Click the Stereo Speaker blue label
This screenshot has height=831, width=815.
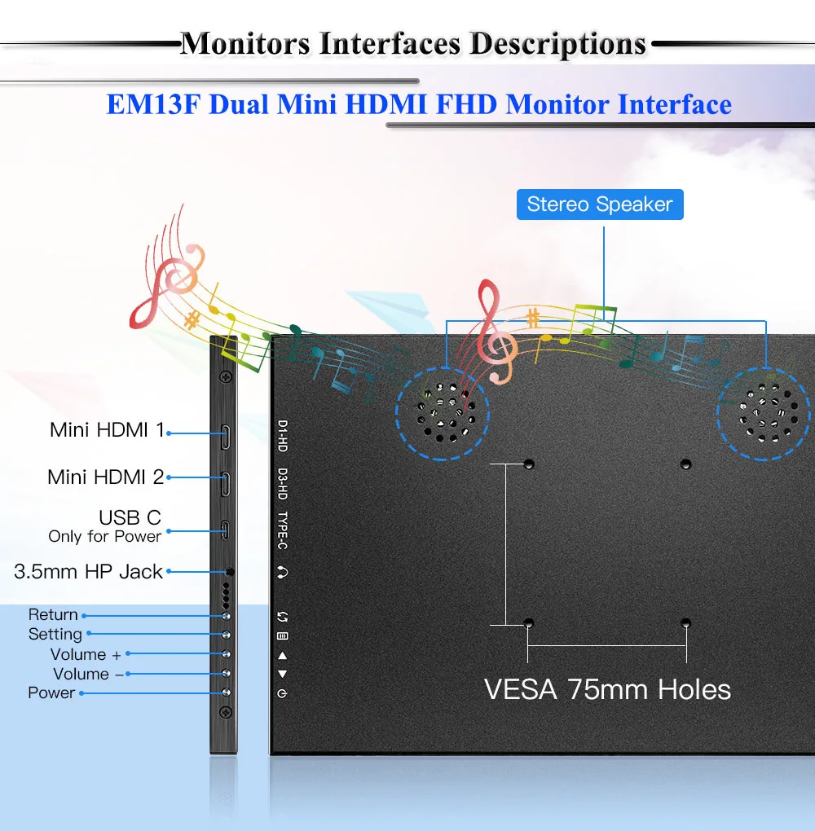pyautogui.click(x=600, y=204)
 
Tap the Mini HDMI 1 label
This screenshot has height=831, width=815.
pyautogui.click(x=107, y=430)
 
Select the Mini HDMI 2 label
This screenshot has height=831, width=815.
pyautogui.click(x=106, y=477)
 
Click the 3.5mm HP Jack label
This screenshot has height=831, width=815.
pyautogui.click(x=88, y=572)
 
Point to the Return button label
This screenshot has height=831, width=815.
pyautogui.click(x=53, y=615)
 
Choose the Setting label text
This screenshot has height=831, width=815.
pyautogui.click(x=55, y=635)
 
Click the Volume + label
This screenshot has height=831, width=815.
pyautogui.click(x=86, y=655)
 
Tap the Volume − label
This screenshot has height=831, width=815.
pyautogui.click(x=88, y=675)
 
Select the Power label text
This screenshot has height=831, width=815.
pyautogui.click(x=51, y=693)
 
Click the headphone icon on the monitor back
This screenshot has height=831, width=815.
pyautogui.click(x=282, y=573)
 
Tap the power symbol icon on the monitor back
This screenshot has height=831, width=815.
pyautogui.click(x=282, y=694)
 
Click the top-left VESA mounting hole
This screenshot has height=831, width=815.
pyautogui.click(x=529, y=464)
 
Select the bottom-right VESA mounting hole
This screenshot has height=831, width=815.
pyautogui.click(x=686, y=624)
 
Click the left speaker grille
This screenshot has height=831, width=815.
pyautogui.click(x=442, y=411)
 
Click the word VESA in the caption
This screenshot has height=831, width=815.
pyautogui.click(x=521, y=690)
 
